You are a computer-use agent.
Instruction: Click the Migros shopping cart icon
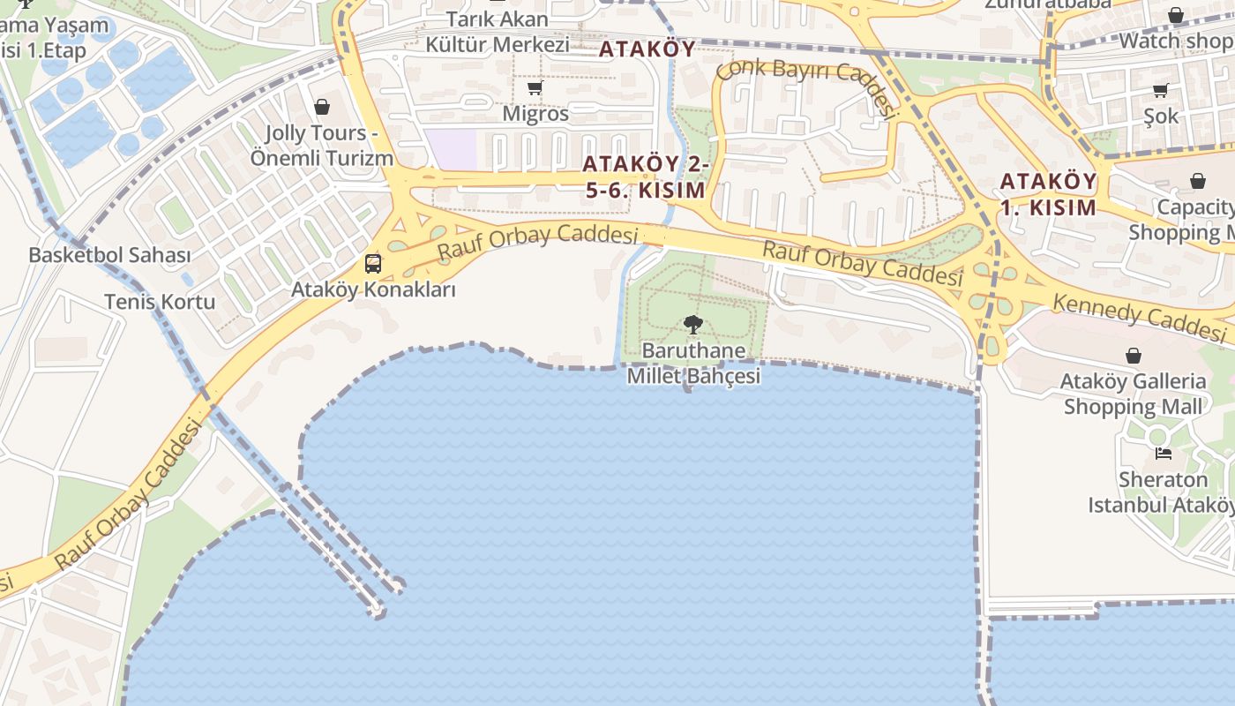click(x=535, y=88)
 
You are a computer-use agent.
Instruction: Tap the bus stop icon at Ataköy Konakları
click(x=373, y=263)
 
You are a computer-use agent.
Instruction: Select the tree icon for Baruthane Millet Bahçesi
click(x=693, y=325)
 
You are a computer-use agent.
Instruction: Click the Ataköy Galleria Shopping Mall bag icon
click(x=1134, y=356)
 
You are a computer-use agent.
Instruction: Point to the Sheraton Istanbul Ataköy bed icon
click(x=1164, y=454)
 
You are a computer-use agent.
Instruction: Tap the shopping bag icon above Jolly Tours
click(x=322, y=107)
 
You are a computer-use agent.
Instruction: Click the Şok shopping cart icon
click(x=1161, y=90)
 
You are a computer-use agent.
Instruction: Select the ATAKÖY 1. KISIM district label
click(x=1048, y=195)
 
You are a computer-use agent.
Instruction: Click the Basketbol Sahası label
click(x=109, y=255)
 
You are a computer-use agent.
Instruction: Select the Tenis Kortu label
click(x=160, y=302)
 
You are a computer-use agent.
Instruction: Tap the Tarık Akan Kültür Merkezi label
click(x=498, y=32)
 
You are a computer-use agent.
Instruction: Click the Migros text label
click(x=535, y=114)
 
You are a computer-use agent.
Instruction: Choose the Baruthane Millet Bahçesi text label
click(x=693, y=363)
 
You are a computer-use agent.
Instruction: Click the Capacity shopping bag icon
click(x=1198, y=181)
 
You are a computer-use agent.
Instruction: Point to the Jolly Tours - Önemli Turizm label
click(x=321, y=146)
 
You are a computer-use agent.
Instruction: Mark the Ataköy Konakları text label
click(x=374, y=289)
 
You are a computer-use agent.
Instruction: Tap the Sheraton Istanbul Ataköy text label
click(x=1162, y=492)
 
